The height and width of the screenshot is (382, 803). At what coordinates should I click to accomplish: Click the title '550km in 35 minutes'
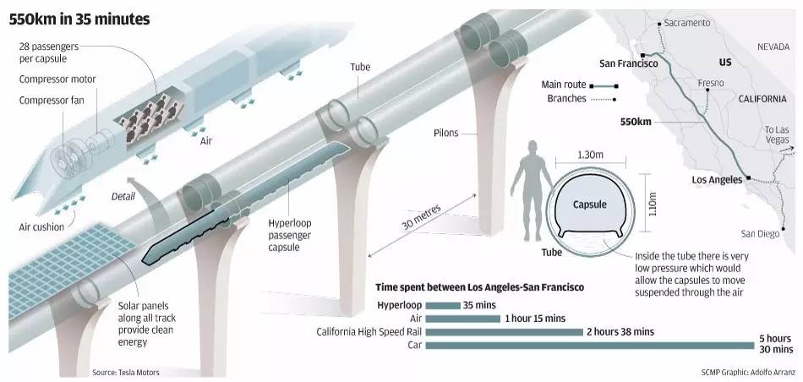[79, 19]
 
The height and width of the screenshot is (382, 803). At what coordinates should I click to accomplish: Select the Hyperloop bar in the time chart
[443, 306]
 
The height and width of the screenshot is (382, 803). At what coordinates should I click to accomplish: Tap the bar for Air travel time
[463, 319]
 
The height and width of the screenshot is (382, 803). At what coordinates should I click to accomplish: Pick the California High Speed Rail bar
[505, 332]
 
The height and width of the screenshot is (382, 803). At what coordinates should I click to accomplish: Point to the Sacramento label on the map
[686, 23]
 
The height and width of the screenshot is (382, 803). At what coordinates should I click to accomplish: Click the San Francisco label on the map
[629, 64]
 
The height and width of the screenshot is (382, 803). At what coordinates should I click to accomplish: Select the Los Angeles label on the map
[717, 180]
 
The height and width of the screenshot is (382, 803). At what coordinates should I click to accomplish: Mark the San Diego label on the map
[760, 234]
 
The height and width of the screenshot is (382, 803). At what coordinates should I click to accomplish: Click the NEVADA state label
[773, 46]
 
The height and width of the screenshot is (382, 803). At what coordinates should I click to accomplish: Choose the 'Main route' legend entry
[580, 85]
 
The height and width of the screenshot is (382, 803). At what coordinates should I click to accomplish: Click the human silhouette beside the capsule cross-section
[532, 190]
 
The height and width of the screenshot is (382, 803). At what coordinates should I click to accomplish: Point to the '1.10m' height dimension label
[652, 204]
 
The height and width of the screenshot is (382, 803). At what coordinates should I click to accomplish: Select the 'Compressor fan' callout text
[52, 101]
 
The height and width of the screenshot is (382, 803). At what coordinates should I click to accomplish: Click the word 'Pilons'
[446, 134]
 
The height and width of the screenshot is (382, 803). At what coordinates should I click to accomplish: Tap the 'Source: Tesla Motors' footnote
[125, 372]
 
